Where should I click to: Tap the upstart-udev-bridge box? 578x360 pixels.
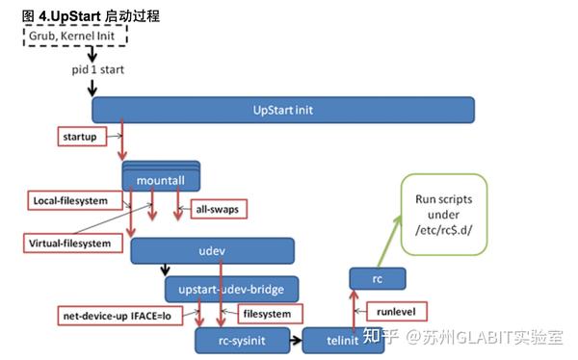pyautogui.click(x=232, y=288)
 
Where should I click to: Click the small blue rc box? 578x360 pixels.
pyautogui.click(x=378, y=279)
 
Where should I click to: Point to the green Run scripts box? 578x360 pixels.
pyautogui.click(x=444, y=213)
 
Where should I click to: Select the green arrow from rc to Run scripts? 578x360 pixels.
pyautogui.click(x=386, y=238)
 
